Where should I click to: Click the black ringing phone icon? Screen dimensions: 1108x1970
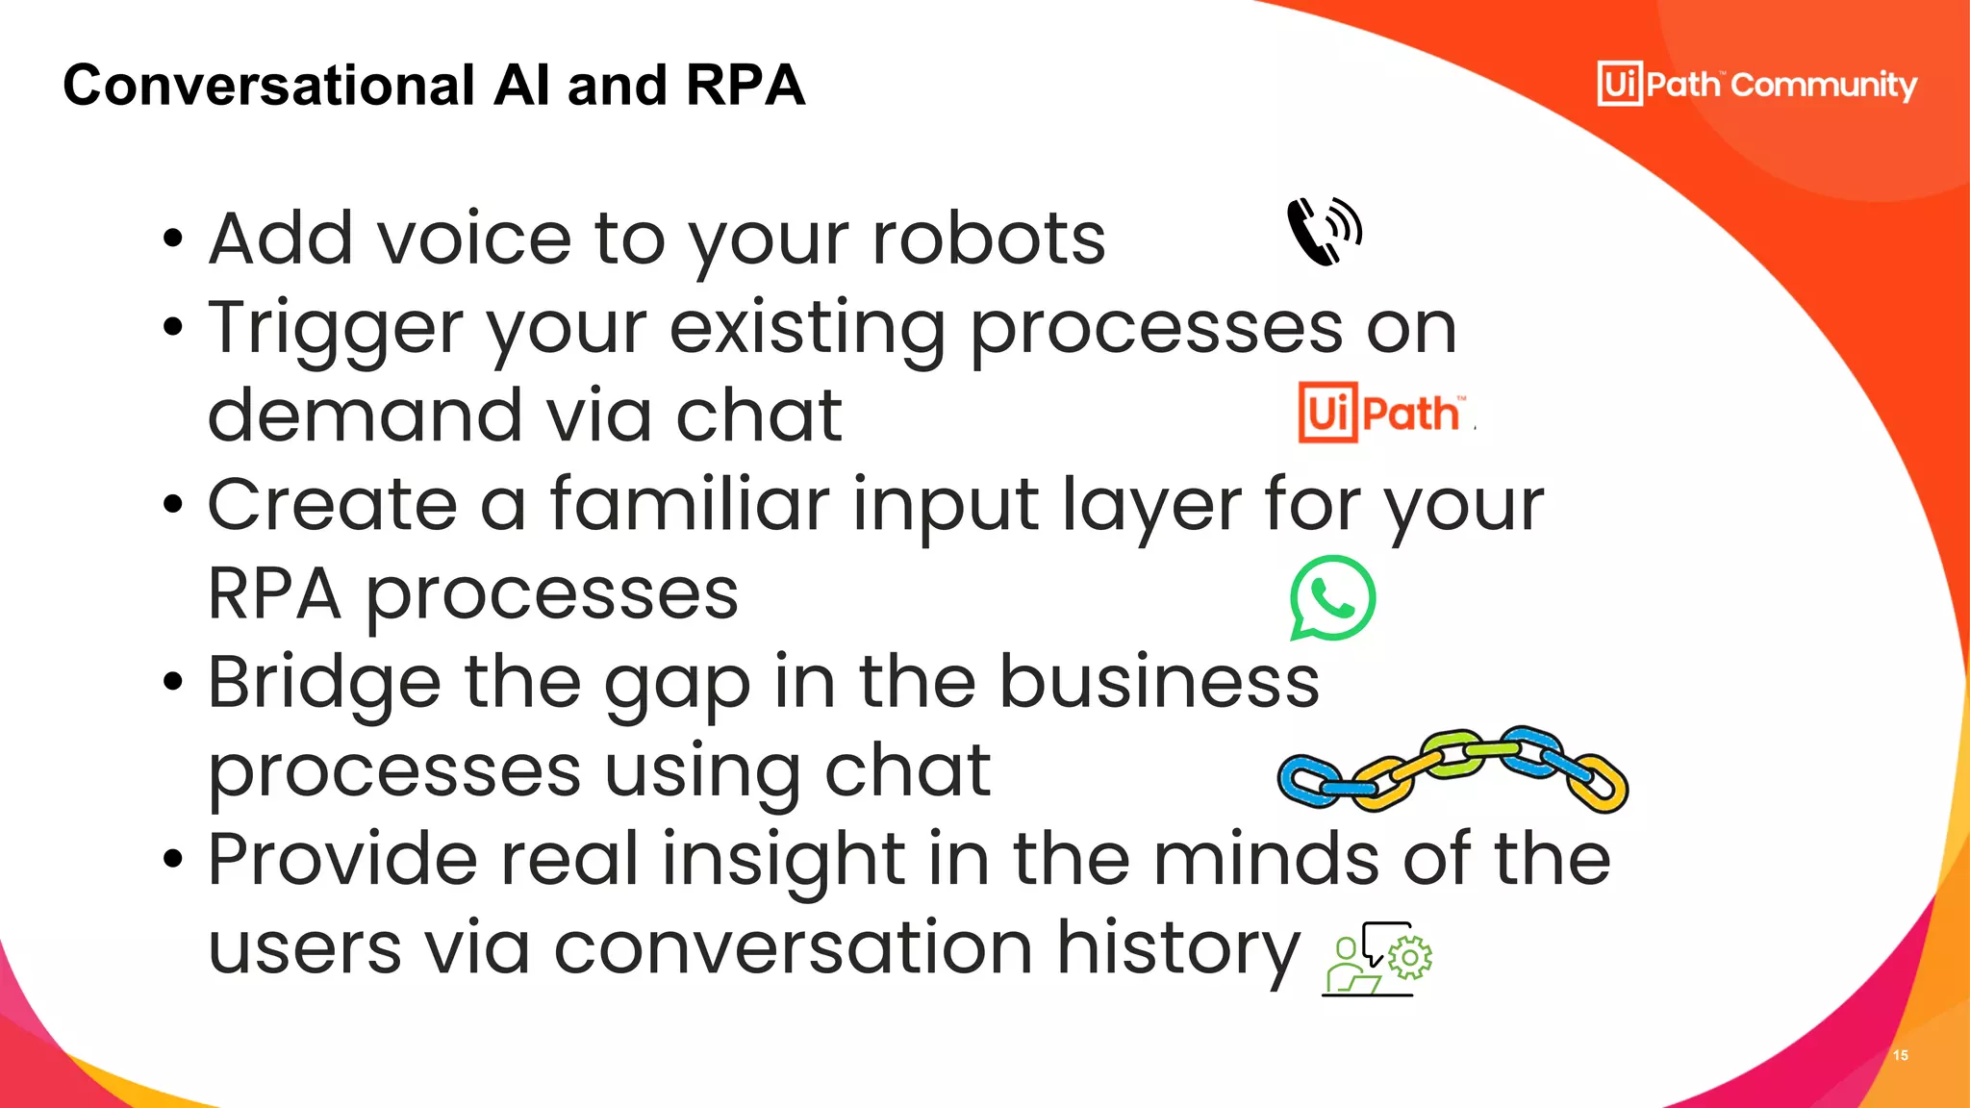tap(1324, 231)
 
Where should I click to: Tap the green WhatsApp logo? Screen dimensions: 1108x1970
tap(1332, 597)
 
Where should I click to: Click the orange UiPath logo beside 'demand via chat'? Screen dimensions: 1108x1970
tap(1382, 413)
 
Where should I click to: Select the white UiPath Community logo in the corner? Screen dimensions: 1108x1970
tap(1756, 84)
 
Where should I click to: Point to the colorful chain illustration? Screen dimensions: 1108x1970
tap(1452, 769)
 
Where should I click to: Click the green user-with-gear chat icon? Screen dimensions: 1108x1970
tap(1377, 958)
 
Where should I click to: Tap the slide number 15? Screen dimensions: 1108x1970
tap(1900, 1055)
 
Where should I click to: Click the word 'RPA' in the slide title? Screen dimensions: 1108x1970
tap(745, 85)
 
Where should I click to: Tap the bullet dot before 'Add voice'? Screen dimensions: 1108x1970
tap(172, 239)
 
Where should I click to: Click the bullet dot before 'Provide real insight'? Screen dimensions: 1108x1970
tap(172, 859)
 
